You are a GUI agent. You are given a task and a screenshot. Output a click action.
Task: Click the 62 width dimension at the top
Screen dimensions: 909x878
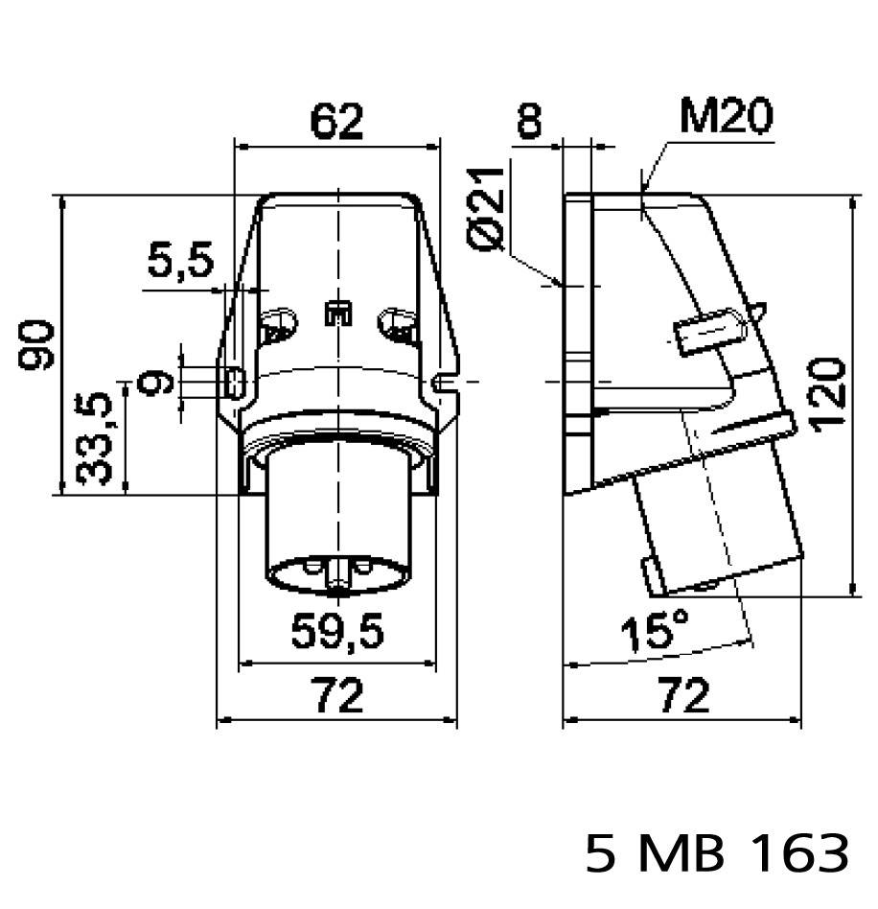coord(336,122)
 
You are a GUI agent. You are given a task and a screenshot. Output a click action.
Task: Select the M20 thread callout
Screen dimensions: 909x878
coord(726,117)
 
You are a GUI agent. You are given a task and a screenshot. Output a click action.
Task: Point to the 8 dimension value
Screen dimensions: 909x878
coord(528,122)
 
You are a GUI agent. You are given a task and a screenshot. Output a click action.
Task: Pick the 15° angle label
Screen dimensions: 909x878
coord(654,632)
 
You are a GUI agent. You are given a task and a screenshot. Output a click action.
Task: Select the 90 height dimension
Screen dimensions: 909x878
coord(37,345)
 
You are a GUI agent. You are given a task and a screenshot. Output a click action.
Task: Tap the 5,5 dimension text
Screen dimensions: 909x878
coord(179,261)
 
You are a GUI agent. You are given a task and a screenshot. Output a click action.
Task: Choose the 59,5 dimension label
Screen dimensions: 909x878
coord(337,631)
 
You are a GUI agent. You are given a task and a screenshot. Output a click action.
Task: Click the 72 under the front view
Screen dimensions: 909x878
coord(337,695)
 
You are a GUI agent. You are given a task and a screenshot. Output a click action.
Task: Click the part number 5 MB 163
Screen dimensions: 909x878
coord(717,853)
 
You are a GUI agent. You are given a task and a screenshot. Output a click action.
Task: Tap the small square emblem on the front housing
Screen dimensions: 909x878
coord(337,314)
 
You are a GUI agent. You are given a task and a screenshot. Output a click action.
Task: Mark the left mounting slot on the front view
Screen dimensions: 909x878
coord(233,383)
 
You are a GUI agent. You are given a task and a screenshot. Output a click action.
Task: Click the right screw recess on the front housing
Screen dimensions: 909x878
coord(397,324)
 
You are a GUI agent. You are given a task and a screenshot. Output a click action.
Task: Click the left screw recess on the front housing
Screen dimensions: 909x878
coord(279,324)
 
